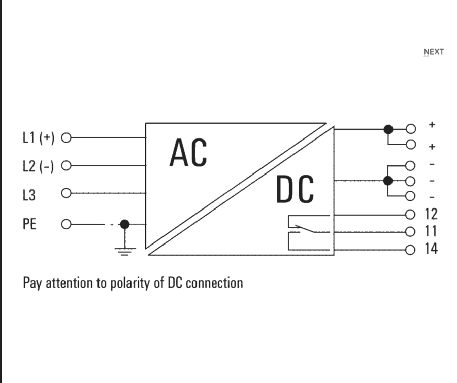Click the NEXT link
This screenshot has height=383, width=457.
pyautogui.click(x=434, y=52)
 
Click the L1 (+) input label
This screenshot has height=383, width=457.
pyautogui.click(x=39, y=137)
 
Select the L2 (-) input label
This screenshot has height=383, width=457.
pyautogui.click(x=39, y=166)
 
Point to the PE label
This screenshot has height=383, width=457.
pyautogui.click(x=29, y=224)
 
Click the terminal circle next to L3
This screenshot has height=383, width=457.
pyautogui.click(x=65, y=194)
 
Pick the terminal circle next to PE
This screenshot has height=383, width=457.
pyautogui.click(x=65, y=224)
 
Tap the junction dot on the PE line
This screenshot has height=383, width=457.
pyautogui.click(x=124, y=224)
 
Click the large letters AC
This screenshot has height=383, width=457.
pyautogui.click(x=188, y=153)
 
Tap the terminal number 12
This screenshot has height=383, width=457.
pyautogui.click(x=431, y=214)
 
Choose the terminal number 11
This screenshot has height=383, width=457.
pyautogui.click(x=431, y=232)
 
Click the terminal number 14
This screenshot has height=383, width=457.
pyautogui.click(x=431, y=249)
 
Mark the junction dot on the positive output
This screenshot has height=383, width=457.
pyautogui.click(x=388, y=129)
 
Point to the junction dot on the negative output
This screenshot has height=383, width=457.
pyautogui.click(x=388, y=181)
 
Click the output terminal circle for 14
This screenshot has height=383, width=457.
pyautogui.click(x=410, y=249)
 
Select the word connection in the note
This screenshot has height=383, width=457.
pyautogui.click(x=214, y=283)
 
